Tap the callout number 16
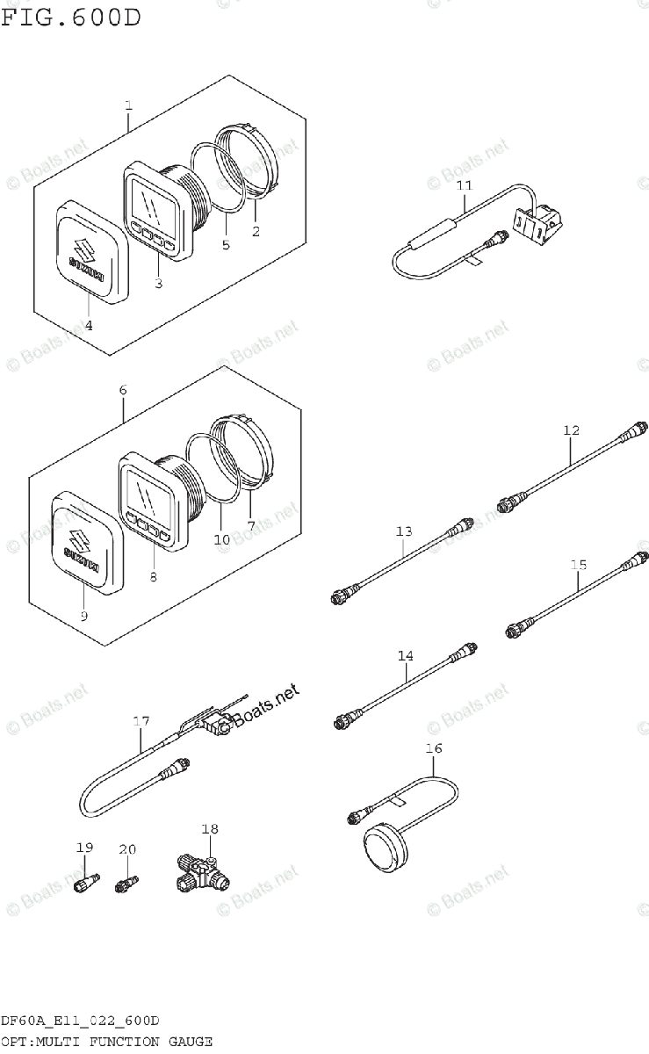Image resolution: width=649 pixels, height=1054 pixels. pyautogui.click(x=434, y=748)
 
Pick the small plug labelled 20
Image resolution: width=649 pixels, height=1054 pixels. pyautogui.click(x=126, y=879)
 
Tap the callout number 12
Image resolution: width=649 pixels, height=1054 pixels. pyautogui.click(x=572, y=430)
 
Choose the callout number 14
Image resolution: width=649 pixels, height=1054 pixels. pyautogui.click(x=405, y=655)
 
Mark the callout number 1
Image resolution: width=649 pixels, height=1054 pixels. pyautogui.click(x=128, y=107)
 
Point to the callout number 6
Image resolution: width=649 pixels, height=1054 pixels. pyautogui.click(x=123, y=388)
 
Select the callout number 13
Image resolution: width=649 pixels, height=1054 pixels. pyautogui.click(x=403, y=531)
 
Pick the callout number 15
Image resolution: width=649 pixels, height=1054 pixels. pyautogui.click(x=578, y=565)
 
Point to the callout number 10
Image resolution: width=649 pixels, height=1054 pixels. pyautogui.click(x=221, y=538)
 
